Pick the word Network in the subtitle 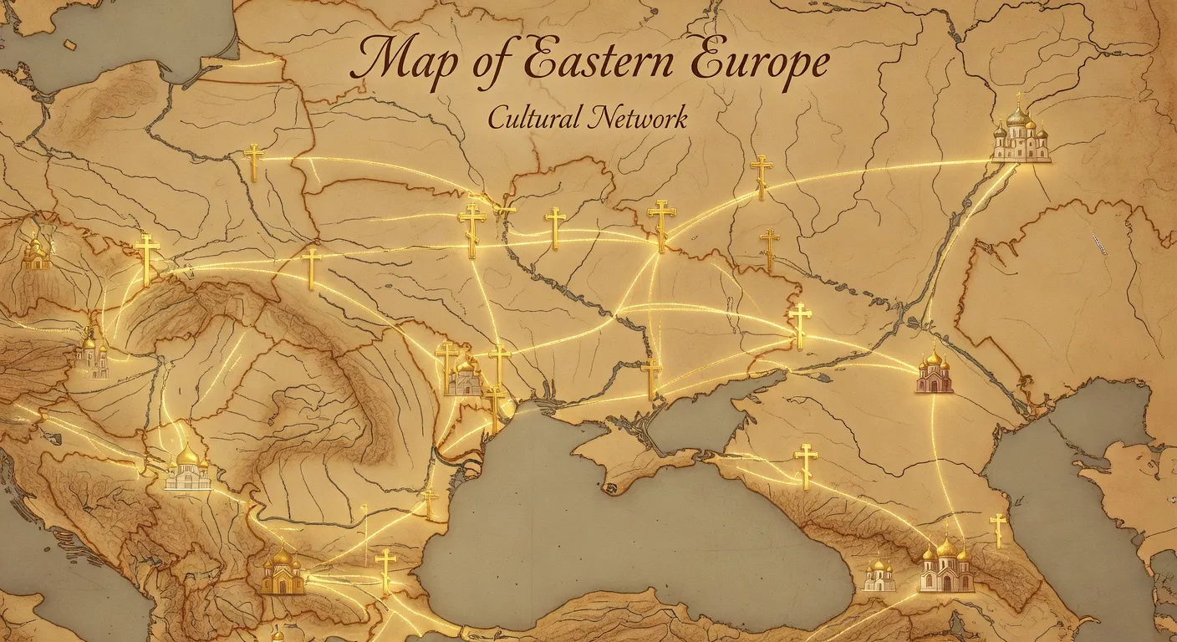point(638,118)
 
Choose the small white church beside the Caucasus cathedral point(879,576)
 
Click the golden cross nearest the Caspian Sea point(997,529)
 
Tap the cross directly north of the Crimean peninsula point(651,377)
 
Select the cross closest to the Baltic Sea point(253,161)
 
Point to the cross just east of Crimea point(806,465)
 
